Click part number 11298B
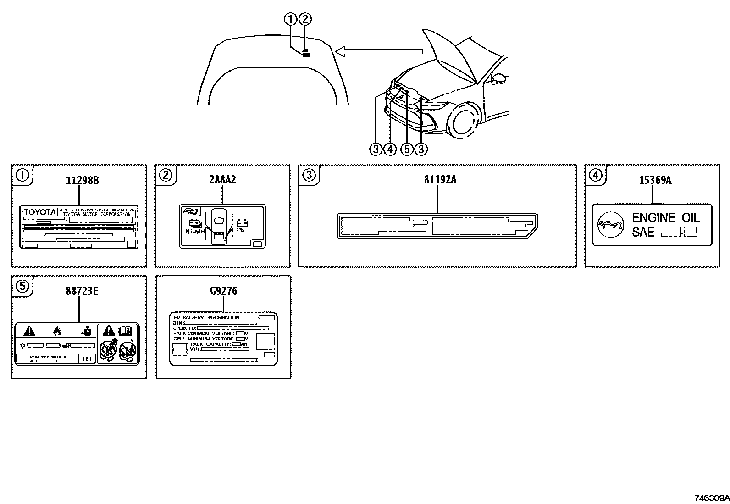point(82,180)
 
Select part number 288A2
point(223,179)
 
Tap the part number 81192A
point(440,179)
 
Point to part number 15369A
point(655,180)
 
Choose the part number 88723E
point(82,291)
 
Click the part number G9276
point(224,291)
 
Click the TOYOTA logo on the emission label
point(40,212)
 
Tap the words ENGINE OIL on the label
point(665,217)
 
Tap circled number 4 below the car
point(390,149)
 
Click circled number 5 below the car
point(407,149)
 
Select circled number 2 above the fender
point(305,19)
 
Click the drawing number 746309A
point(711,498)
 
